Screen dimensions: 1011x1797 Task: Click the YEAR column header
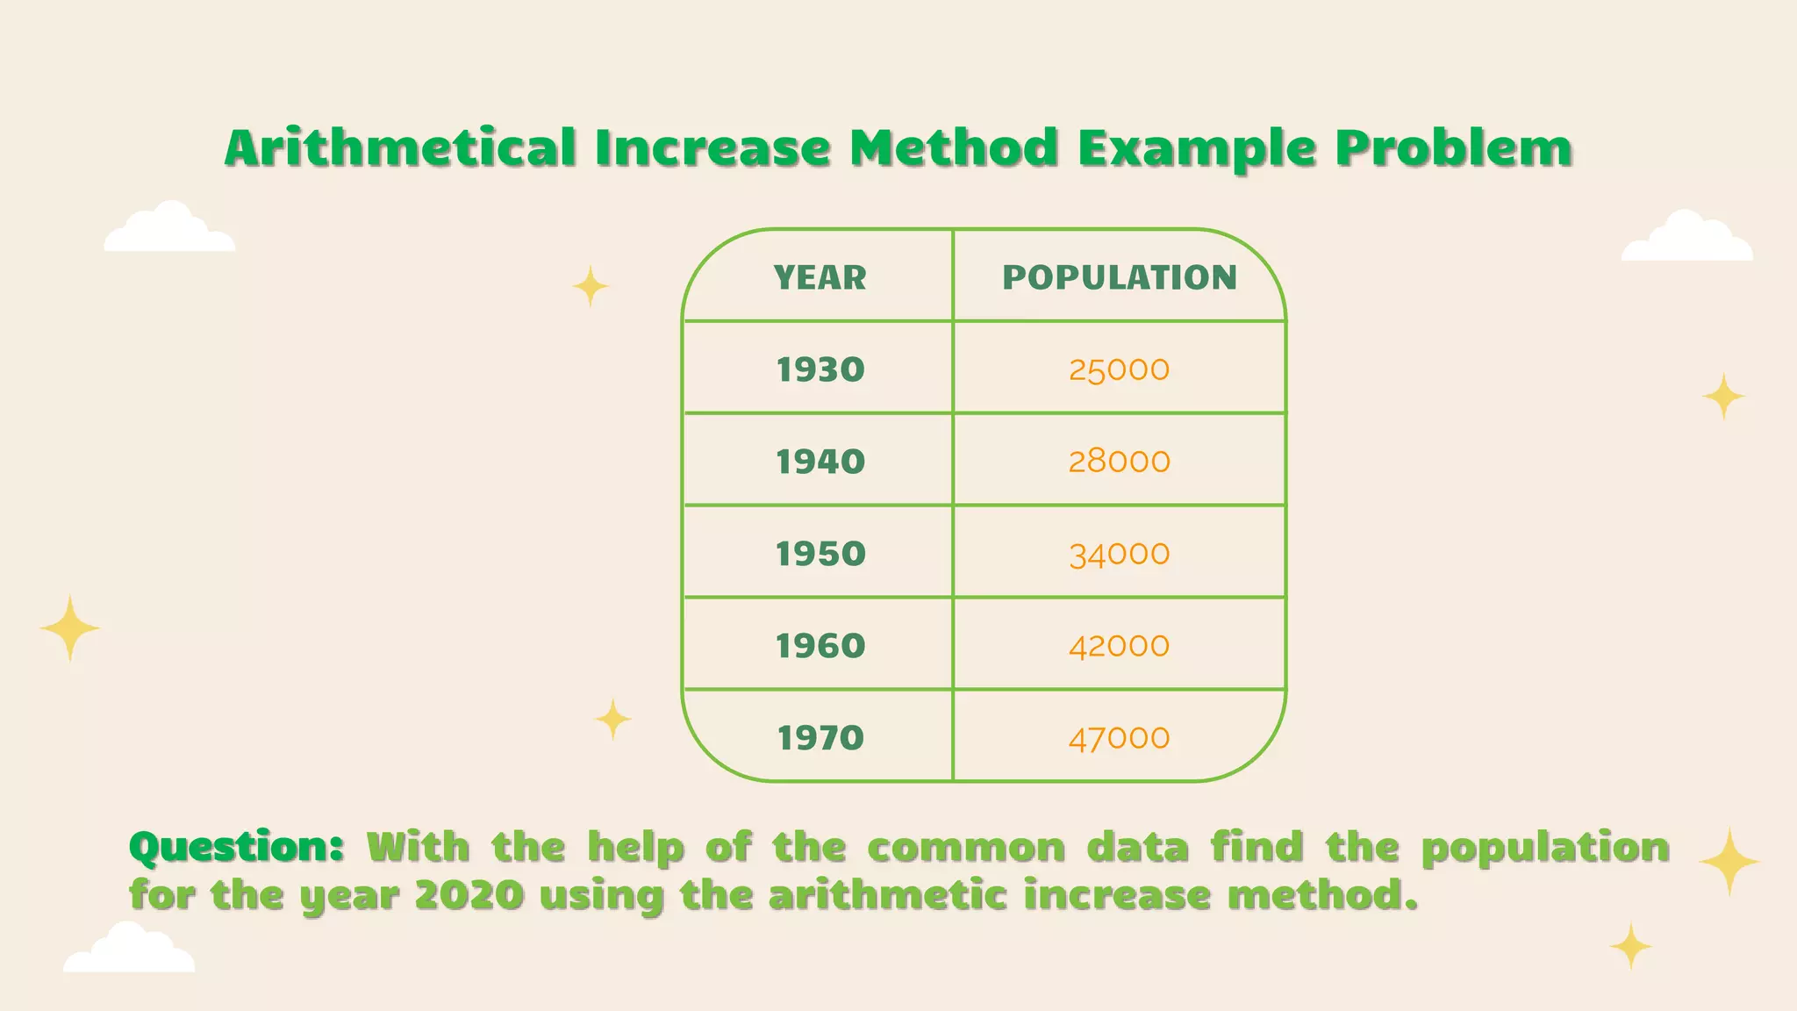coord(820,277)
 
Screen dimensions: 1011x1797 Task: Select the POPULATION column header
coord(1120,277)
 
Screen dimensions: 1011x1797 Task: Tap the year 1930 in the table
coord(820,369)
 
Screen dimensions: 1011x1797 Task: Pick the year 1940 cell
coord(820,462)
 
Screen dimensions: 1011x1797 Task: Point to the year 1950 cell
coord(820,554)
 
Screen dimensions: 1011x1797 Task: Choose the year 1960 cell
coord(820,646)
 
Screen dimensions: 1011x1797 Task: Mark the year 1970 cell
coord(820,738)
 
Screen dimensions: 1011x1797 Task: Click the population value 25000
coord(1119,369)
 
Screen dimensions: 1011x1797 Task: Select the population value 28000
coord(1119,462)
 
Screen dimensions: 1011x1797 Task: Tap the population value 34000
coord(1119,554)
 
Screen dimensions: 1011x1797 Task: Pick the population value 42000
coord(1119,646)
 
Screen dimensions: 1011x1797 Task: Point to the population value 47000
coord(1119,738)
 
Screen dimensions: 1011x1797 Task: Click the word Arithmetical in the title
coord(401,147)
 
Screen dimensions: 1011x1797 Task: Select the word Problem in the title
coord(1454,147)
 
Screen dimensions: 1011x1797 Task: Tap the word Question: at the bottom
coord(236,848)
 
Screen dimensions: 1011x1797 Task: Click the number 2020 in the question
coord(469,896)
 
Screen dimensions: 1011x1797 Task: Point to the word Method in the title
coord(954,147)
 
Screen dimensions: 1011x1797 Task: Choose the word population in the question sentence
coord(1545,848)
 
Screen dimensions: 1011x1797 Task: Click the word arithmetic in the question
coord(887,896)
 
